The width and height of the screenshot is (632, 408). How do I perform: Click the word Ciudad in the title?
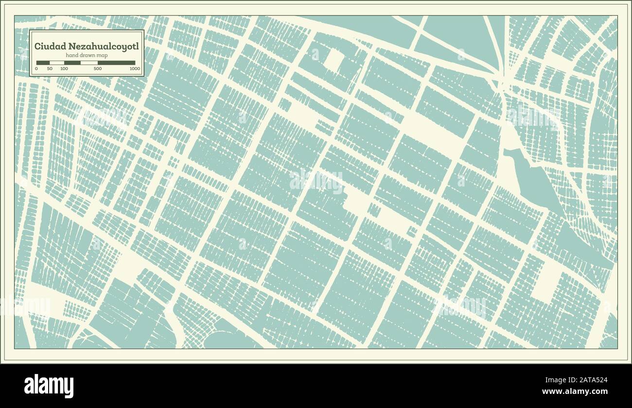(47, 47)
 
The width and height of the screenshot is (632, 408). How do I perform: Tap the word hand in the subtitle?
(72, 56)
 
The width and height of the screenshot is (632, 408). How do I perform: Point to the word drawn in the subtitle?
(87, 56)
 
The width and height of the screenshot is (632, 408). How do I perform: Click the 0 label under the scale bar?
(36, 69)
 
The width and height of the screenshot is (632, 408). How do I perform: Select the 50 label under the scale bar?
(50, 69)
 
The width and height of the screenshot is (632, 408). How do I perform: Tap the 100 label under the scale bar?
(64, 69)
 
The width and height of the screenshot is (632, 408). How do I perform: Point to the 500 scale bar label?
(97, 69)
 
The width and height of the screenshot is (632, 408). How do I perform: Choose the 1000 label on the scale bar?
(135, 69)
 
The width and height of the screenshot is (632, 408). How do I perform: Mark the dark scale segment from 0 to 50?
(43, 63)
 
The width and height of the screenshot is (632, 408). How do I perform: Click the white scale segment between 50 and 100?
(57, 63)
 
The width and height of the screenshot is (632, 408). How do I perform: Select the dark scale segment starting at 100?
(72, 63)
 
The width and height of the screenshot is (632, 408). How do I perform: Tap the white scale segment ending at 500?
(89, 63)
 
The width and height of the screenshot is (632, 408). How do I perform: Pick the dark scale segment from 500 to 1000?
(117, 63)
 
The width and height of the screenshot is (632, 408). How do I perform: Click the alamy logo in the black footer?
(49, 386)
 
